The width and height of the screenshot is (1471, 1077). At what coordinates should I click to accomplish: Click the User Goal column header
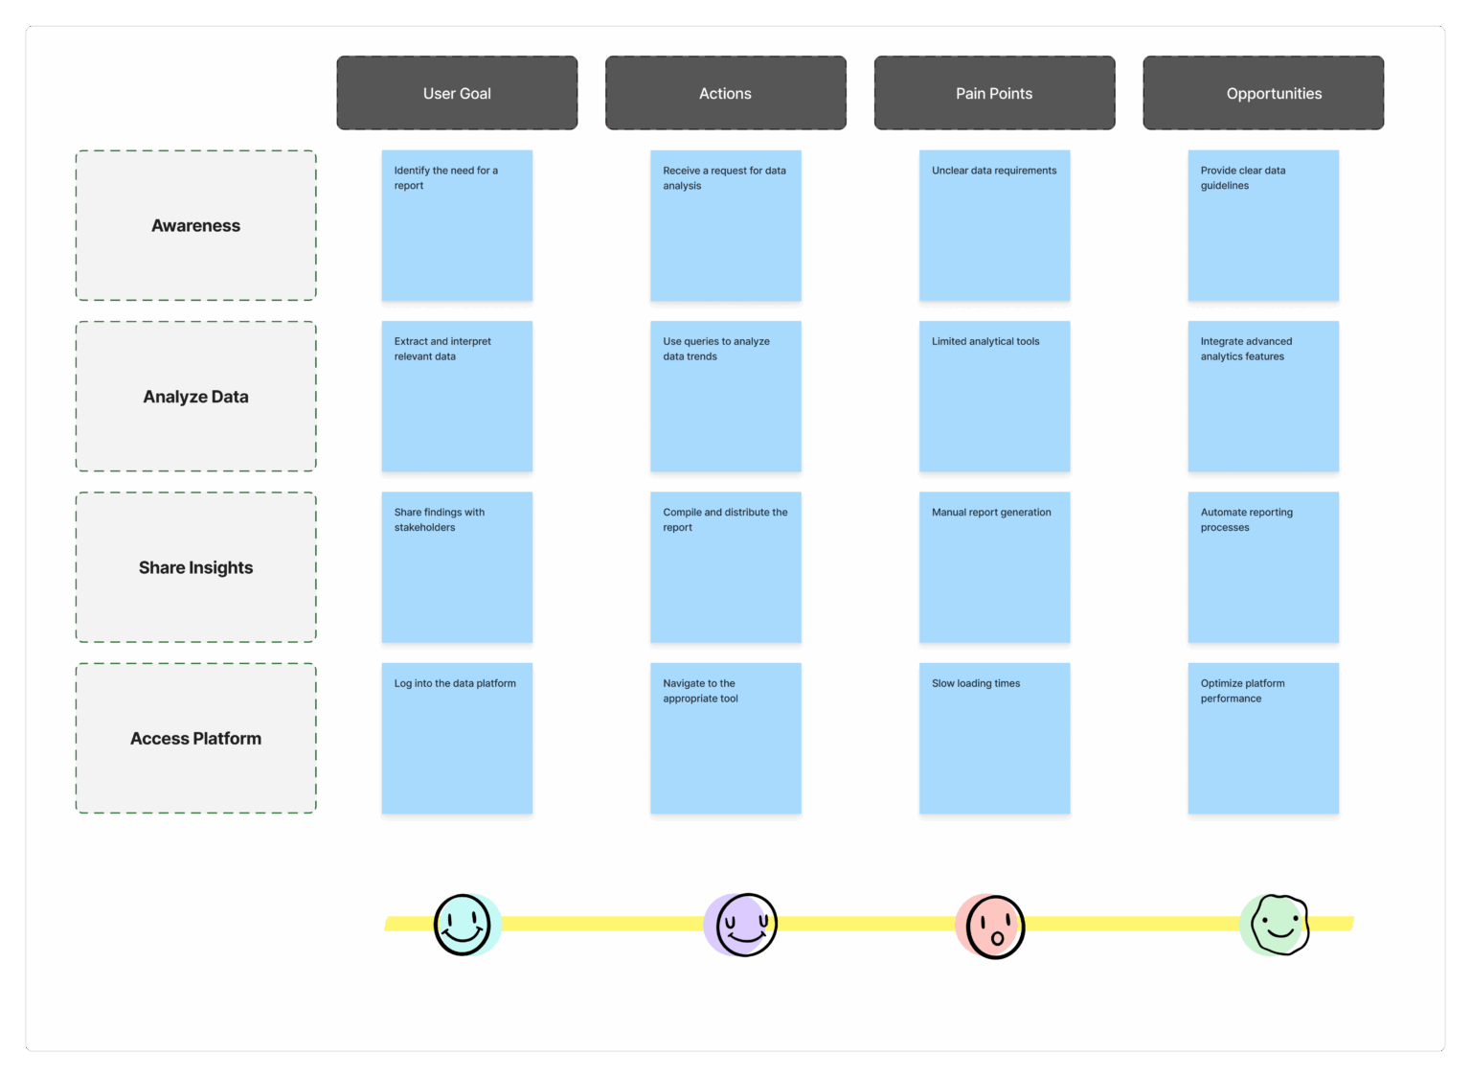click(x=457, y=93)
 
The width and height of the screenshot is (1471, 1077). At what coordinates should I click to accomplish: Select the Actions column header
click(x=726, y=93)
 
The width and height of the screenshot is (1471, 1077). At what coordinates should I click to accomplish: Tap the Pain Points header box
click(x=994, y=93)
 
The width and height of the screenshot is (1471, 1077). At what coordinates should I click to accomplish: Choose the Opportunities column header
click(x=1263, y=93)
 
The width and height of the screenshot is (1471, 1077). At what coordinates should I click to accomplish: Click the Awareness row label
click(x=195, y=225)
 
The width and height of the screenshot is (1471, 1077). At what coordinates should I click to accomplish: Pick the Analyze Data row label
click(x=195, y=397)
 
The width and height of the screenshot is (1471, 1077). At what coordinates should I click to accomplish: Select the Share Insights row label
click(x=195, y=567)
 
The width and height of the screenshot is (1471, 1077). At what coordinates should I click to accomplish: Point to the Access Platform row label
click(x=195, y=738)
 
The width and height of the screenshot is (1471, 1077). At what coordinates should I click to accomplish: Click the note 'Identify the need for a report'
click(x=457, y=225)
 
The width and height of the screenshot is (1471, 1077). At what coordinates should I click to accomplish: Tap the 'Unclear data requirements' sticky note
click(x=994, y=225)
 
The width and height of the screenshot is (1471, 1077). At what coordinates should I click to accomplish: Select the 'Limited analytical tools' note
click(x=994, y=397)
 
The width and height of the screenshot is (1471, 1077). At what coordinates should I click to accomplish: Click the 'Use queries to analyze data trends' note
click(x=726, y=397)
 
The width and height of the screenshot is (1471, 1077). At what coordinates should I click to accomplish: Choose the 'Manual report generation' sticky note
click(x=994, y=567)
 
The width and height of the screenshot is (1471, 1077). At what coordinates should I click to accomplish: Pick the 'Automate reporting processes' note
click(x=1263, y=567)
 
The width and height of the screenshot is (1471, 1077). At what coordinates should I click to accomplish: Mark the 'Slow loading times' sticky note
click(x=994, y=738)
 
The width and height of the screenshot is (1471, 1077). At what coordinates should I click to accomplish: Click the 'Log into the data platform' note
click(x=457, y=738)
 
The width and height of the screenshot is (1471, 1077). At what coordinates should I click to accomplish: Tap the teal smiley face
click(x=466, y=925)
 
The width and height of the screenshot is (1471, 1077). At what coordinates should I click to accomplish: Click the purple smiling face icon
click(x=740, y=925)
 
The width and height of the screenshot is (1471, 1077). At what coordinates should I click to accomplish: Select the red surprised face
click(x=990, y=926)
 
